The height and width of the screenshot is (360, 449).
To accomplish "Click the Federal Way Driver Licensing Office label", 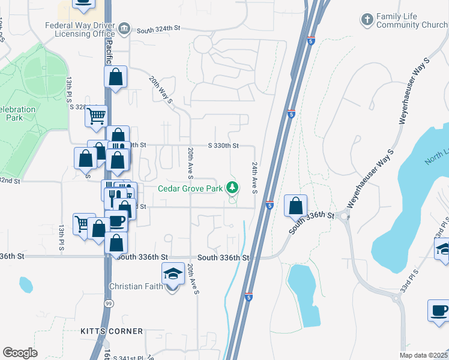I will [x=79, y=29].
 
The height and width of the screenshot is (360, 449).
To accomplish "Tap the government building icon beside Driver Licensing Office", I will [x=124, y=28].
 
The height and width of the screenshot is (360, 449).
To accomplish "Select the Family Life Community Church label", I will [x=412, y=21].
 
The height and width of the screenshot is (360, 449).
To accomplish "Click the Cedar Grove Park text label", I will [x=190, y=188].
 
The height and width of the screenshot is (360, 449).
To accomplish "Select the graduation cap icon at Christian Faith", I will [x=173, y=274].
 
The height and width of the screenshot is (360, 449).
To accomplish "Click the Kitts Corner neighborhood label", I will [x=112, y=331].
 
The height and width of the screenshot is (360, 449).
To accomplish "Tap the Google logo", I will [x=20, y=353].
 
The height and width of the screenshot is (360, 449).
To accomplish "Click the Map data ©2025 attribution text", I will [x=423, y=355].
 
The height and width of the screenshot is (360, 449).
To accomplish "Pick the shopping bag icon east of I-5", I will [x=295, y=205].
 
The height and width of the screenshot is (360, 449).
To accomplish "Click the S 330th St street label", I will [x=223, y=145].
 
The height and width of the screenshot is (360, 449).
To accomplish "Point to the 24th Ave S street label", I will [x=255, y=178].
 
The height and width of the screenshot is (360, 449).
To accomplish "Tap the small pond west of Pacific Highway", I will [x=26, y=284].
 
